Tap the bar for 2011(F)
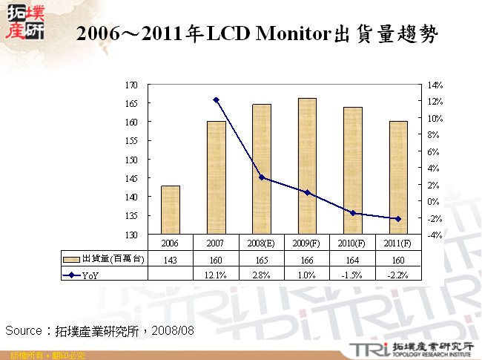(397, 177)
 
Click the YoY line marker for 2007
(216, 99)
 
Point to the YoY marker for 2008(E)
(261, 177)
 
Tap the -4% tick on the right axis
(434, 235)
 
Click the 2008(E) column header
(261, 243)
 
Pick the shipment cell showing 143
(171, 259)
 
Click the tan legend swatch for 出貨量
(71, 259)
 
